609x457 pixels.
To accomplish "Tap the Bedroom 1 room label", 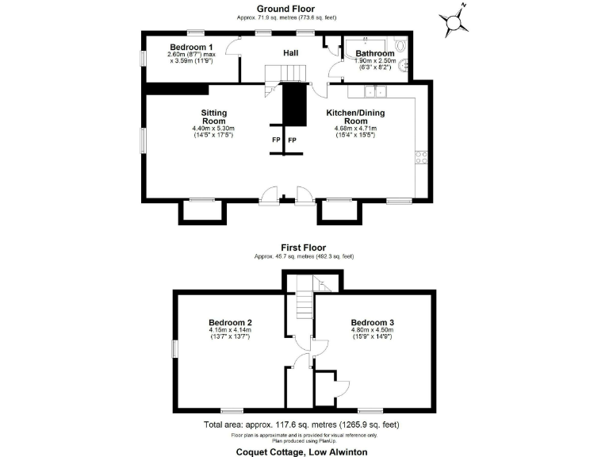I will tap(191, 47).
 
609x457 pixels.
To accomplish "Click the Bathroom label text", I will tap(373, 53).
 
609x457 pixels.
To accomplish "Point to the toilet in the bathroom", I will tap(403, 47).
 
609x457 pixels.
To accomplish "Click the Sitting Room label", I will tap(214, 117).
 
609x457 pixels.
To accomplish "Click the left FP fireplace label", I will tap(276, 140).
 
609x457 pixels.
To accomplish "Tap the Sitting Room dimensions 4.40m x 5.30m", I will tap(214, 129).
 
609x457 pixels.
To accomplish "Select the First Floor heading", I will tap(303, 248).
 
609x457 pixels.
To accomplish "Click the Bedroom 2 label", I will tap(230, 322).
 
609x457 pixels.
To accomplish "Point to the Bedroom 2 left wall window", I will tap(174, 350).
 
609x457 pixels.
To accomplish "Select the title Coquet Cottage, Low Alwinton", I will tap(302, 451).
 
